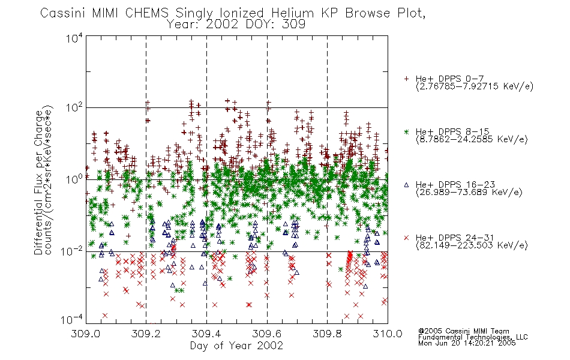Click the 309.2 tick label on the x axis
pyautogui.click(x=146, y=334)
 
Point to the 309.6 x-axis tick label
pyautogui.click(x=267, y=334)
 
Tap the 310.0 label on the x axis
pyautogui.click(x=388, y=334)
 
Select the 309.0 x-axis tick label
pyautogui.click(x=85, y=334)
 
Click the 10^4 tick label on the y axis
pyautogui.click(x=74, y=38)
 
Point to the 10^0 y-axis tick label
pyautogui.click(x=74, y=179)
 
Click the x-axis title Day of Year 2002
pyautogui.click(x=236, y=346)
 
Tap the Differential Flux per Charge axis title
pyautogui.click(x=38, y=182)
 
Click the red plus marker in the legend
pyautogui.click(x=406, y=79)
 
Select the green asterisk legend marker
pyautogui.click(x=406, y=132)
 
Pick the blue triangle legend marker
pyautogui.click(x=406, y=185)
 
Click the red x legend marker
pyautogui.click(x=406, y=238)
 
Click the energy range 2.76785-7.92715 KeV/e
pyautogui.click(x=475, y=86)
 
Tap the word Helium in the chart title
pyautogui.click(x=293, y=13)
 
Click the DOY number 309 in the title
pyautogui.click(x=296, y=25)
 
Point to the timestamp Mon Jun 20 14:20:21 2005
pyautogui.click(x=467, y=343)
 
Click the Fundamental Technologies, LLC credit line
pyautogui.click(x=473, y=337)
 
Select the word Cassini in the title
pyautogui.click(x=63, y=13)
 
